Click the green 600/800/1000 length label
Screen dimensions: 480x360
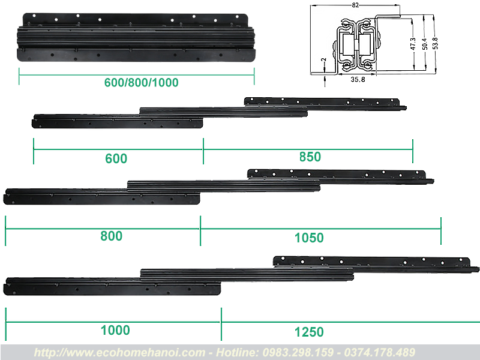(141, 82)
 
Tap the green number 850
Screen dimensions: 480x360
(310, 157)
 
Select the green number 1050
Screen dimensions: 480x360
(309, 238)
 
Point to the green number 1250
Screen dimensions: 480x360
(309, 332)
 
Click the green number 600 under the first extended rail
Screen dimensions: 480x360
(116, 158)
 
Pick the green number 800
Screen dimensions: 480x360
(112, 236)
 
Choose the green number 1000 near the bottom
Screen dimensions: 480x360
(115, 331)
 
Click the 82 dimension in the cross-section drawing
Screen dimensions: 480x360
(355, 5)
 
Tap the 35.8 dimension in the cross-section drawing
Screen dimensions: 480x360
(358, 79)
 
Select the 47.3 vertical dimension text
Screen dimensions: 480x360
(413, 44)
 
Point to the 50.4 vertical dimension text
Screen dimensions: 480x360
(425, 44)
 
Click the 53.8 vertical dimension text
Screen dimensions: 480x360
(436, 43)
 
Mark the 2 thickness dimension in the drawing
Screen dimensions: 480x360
(325, 59)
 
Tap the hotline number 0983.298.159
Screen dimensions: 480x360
(298, 352)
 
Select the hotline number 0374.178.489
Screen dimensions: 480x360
(380, 352)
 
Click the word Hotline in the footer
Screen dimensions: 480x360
(236, 352)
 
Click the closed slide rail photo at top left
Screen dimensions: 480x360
(136, 37)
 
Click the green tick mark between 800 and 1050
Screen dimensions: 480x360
(200, 230)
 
